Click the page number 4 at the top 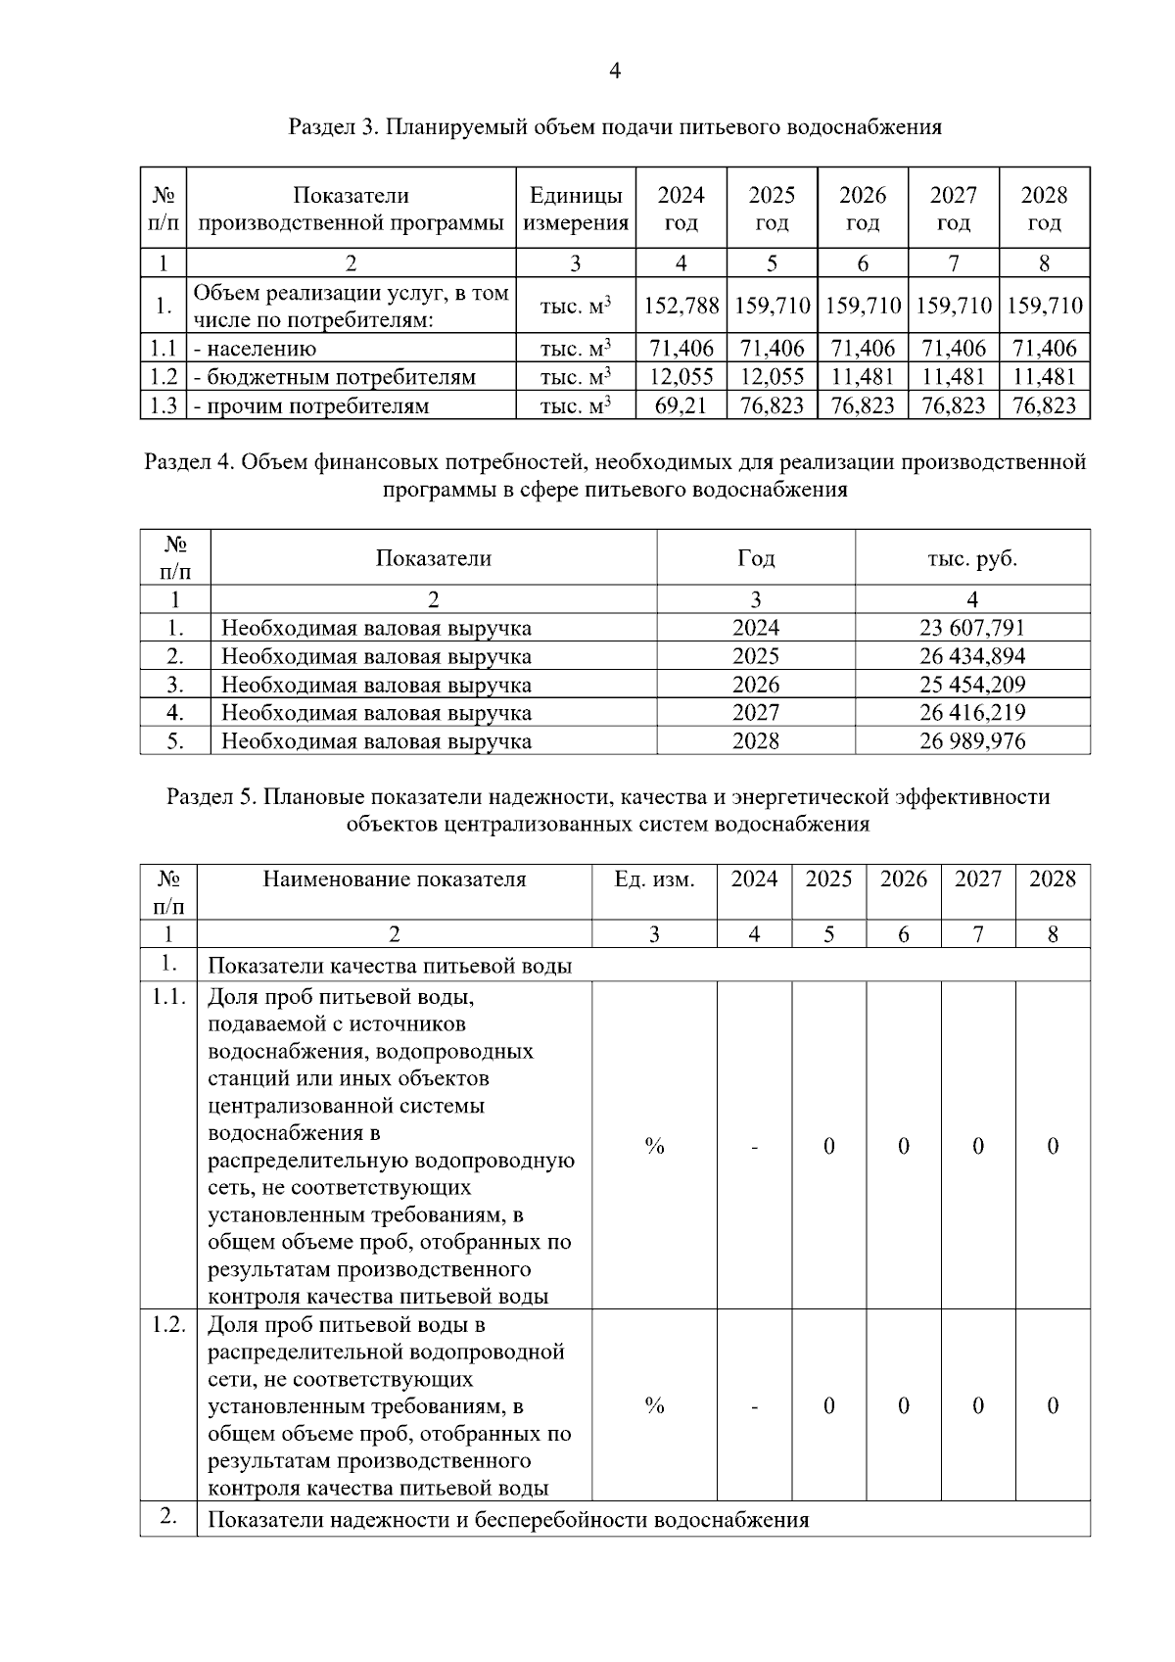click(615, 71)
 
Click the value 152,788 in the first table click(681, 306)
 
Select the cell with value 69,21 click(681, 405)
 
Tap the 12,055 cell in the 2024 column click(681, 376)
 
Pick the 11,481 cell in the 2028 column click(1044, 376)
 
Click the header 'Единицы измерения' click(576, 209)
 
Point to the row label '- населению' click(255, 348)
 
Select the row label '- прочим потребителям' click(311, 405)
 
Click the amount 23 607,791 click(971, 628)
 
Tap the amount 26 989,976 click(971, 741)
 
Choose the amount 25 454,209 click(971, 685)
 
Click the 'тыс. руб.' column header click(971, 558)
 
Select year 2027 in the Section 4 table click(756, 713)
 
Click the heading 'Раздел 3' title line click(615, 127)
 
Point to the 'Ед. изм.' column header click(654, 879)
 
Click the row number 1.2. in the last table click(168, 1324)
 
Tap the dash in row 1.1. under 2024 click(755, 1147)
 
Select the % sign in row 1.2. click(654, 1406)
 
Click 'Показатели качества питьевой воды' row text click(390, 967)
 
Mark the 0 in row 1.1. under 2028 click(1053, 1147)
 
